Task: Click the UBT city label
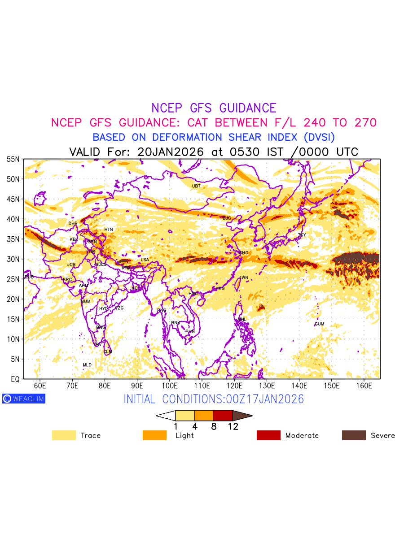196,186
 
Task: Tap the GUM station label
319,324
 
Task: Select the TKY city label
302,235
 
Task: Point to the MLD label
87,365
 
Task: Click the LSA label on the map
145,260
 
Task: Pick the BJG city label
227,218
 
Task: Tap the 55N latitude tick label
13,159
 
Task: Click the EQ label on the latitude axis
15,379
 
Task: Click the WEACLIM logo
24,399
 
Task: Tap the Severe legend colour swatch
354,435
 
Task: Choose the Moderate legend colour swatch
268,435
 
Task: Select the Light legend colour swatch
154,435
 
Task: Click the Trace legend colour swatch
64,435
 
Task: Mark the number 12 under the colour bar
233,427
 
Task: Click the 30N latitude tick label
13,259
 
